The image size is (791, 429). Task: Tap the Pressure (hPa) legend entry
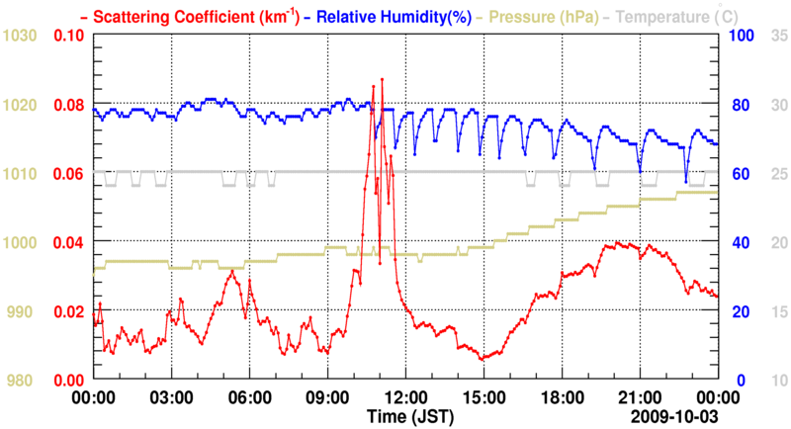coord(540,16)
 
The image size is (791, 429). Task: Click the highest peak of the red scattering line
coord(381,78)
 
